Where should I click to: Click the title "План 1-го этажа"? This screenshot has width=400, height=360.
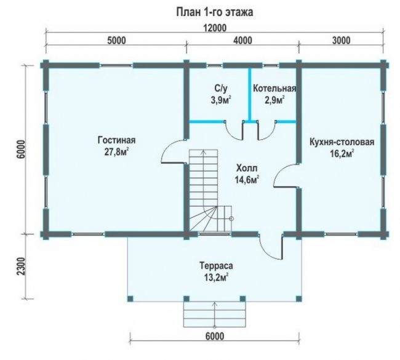[x=215, y=12]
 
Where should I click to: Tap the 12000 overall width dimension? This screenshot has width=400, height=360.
[x=215, y=28]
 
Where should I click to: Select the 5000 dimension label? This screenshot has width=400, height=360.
[x=116, y=41]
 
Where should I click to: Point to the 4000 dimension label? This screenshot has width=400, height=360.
[x=242, y=41]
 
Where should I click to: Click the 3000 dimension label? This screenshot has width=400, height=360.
[x=341, y=41]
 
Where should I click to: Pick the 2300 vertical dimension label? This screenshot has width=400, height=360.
[x=22, y=266]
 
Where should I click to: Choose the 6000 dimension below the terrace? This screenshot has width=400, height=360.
[x=215, y=336]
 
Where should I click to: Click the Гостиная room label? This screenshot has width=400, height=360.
[x=116, y=140]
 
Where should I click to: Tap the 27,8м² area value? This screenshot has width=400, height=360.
[x=116, y=152]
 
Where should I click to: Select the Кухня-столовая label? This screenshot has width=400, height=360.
[x=342, y=142]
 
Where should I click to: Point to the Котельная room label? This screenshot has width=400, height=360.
[x=274, y=88]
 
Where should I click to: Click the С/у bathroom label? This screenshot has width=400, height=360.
[x=221, y=88]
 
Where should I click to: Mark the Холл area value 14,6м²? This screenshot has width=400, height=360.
[x=247, y=180]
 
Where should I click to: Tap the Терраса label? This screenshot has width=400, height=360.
[x=216, y=266]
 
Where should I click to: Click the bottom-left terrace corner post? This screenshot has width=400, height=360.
[x=130, y=298]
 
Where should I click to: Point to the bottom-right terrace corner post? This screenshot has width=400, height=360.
[x=298, y=298]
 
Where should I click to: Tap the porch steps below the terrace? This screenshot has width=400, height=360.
[x=215, y=314]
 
